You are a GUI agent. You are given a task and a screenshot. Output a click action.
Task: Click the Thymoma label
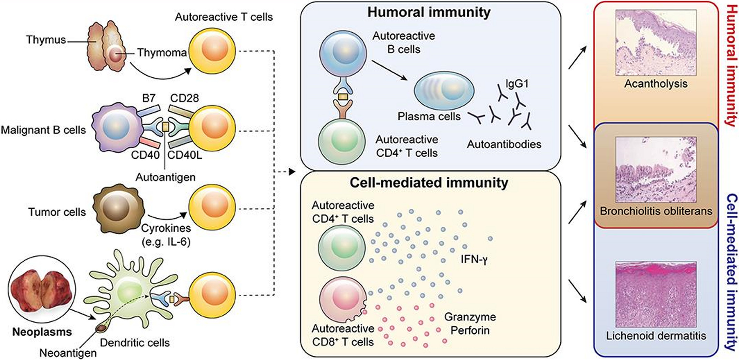(162, 52)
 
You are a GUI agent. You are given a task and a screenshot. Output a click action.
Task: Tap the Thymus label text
(46, 40)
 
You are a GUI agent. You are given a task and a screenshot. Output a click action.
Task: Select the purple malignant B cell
(118, 127)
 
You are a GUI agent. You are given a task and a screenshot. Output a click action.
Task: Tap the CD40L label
(184, 155)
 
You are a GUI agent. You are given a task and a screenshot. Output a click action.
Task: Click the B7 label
(148, 98)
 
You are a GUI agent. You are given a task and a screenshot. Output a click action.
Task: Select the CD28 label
(184, 98)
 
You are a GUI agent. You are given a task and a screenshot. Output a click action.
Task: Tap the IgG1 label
(517, 84)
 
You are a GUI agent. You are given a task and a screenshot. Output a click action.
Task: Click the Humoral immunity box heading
(429, 12)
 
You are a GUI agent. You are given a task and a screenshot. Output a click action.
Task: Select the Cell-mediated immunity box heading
(429, 183)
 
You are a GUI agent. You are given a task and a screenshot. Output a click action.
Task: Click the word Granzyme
(470, 317)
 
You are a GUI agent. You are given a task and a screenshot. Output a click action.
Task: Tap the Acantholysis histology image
(656, 42)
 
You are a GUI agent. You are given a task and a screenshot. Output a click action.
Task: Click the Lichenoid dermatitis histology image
(656, 294)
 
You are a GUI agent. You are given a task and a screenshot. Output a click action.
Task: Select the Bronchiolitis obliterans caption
(656, 211)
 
